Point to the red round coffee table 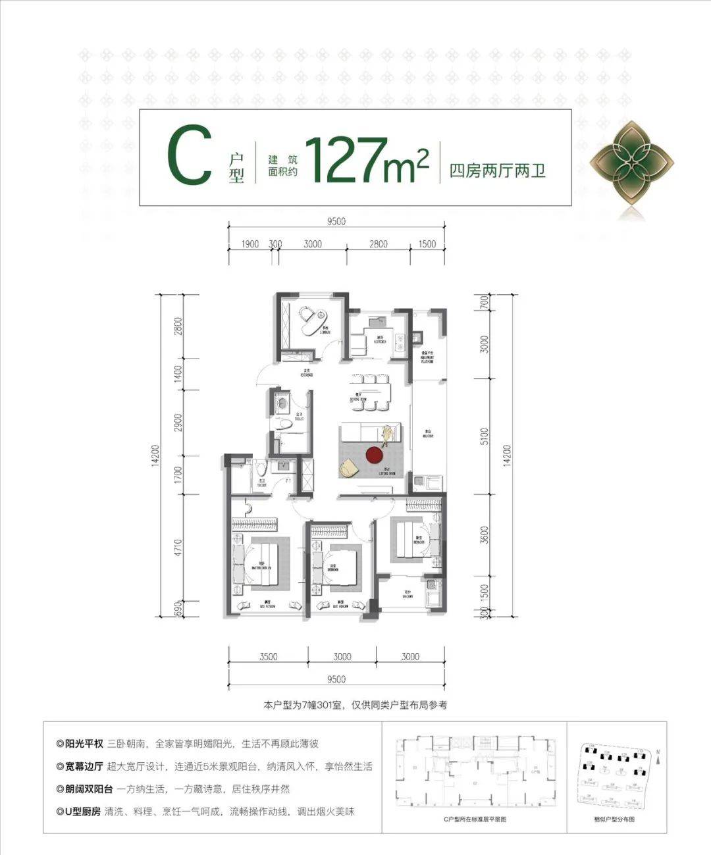tap(374, 455)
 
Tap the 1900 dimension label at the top tap(250, 244)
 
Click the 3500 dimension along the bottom tap(268, 656)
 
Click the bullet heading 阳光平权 tap(84, 744)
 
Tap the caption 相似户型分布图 tap(614, 819)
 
